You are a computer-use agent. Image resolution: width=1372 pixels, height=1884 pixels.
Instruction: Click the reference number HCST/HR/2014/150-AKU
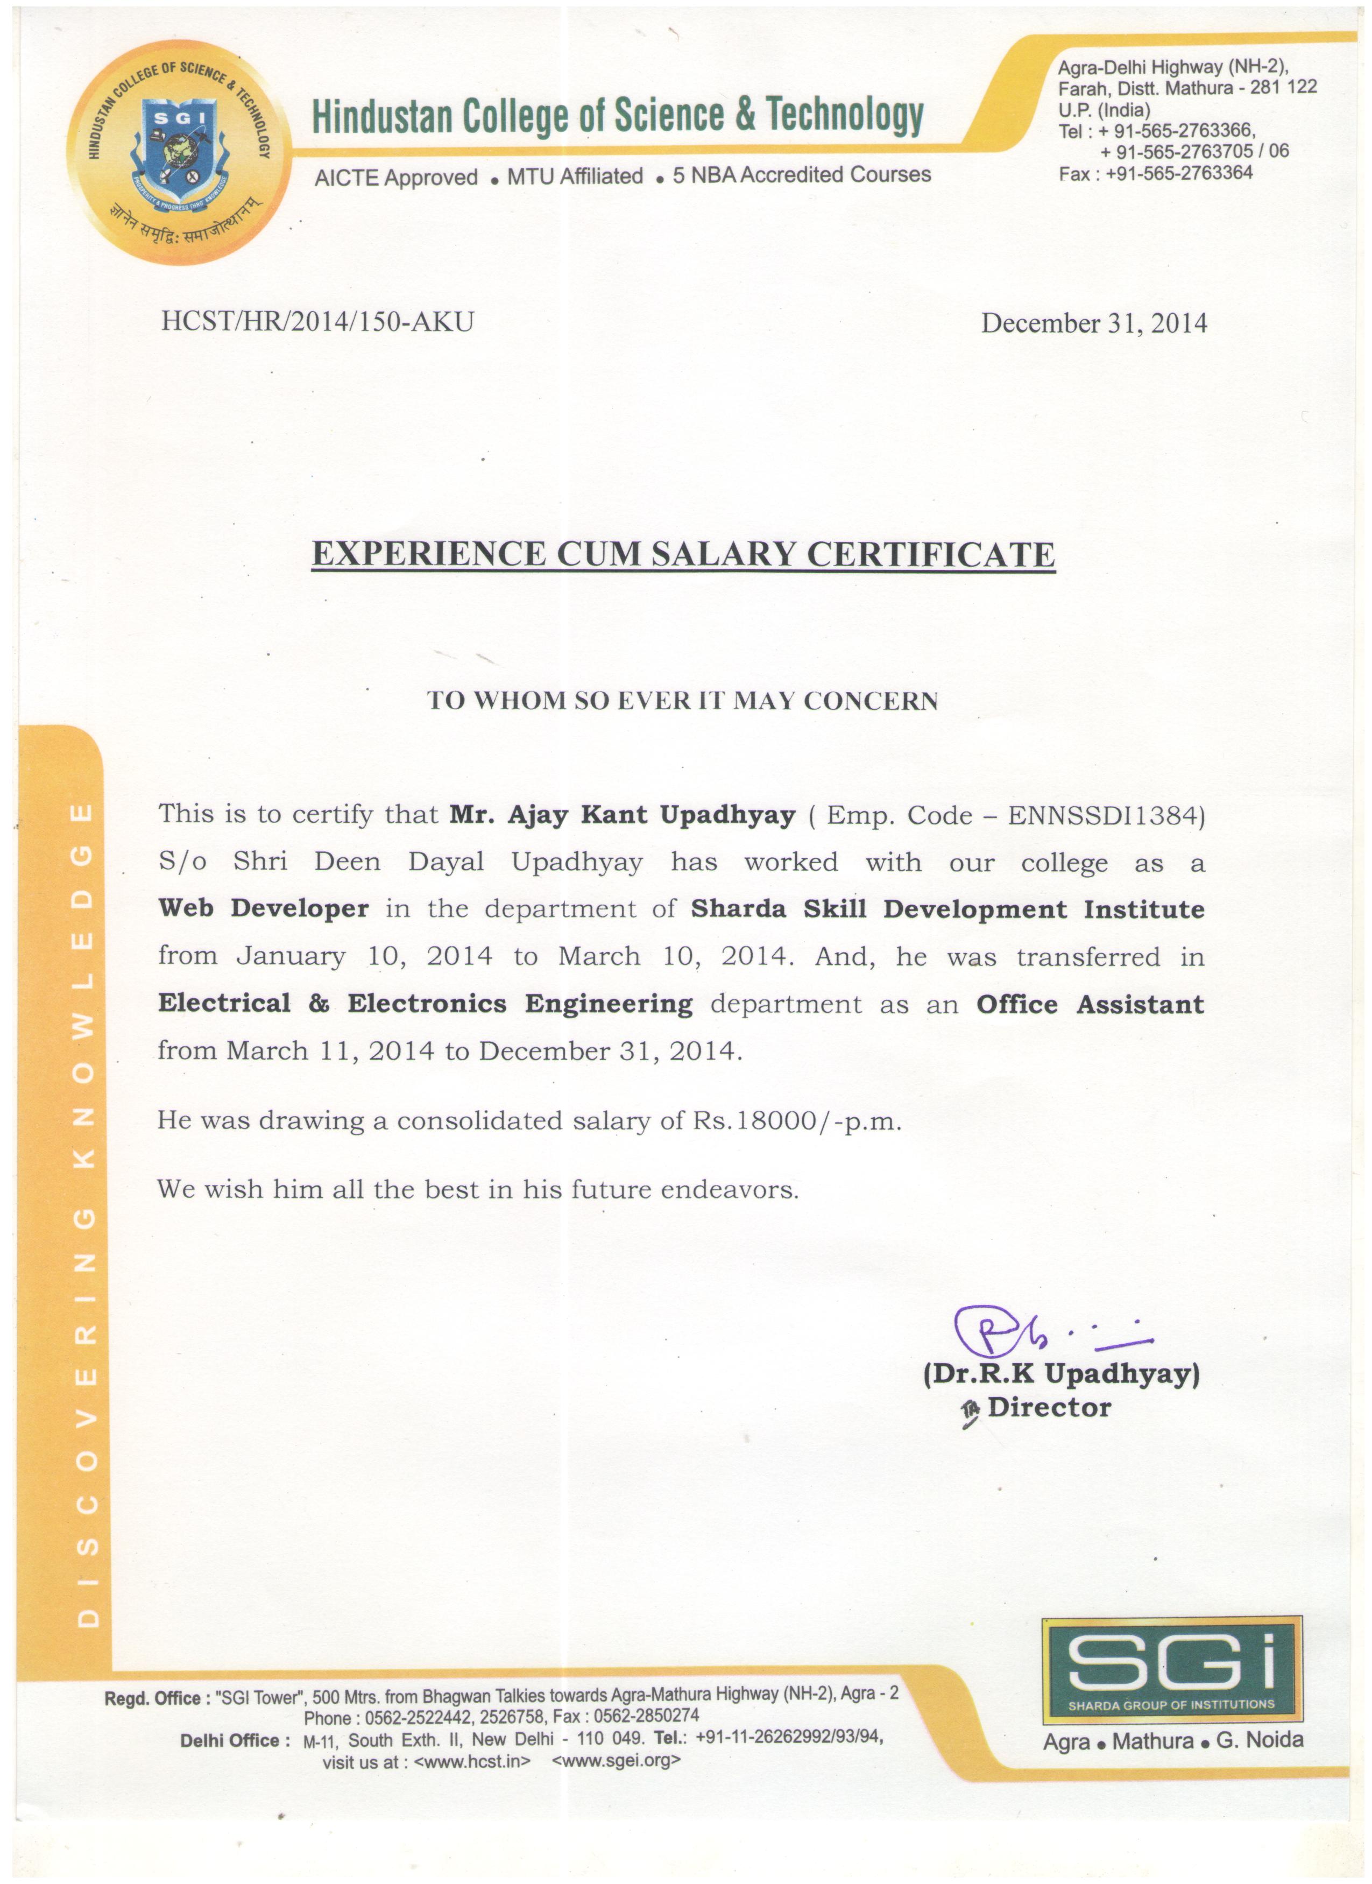(x=317, y=321)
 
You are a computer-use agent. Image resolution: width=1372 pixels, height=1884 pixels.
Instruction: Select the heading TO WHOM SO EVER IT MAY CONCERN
(x=682, y=700)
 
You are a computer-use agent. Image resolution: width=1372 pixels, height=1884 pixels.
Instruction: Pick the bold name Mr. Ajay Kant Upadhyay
(x=622, y=815)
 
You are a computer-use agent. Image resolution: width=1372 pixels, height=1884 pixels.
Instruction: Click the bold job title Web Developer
(x=263, y=909)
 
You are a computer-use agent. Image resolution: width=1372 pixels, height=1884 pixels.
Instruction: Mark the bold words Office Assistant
(x=1090, y=1004)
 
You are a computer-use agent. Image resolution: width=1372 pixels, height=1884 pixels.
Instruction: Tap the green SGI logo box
(x=1171, y=1670)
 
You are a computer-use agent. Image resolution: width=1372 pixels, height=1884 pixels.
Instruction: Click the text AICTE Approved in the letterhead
(x=395, y=177)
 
